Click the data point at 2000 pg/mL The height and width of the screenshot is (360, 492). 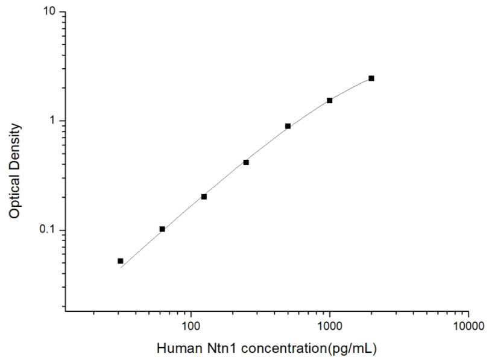point(371,78)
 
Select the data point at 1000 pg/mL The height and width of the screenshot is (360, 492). point(330,100)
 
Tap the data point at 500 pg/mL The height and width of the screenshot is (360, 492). point(288,126)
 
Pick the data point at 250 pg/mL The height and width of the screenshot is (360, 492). point(246,162)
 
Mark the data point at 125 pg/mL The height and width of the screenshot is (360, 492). point(204,197)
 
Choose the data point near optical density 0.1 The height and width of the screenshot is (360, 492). point(162,229)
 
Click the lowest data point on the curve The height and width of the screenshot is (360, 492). point(121,261)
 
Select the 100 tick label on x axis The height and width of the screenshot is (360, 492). point(191,326)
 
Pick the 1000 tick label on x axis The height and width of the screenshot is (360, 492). point(330,326)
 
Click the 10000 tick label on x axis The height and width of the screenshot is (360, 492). point(468,326)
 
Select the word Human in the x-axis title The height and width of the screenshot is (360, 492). point(175,349)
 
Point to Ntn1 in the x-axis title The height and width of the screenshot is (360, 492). point(211,349)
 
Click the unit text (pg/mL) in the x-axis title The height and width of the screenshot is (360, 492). point(356,349)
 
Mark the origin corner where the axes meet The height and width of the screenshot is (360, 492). point(65,312)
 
